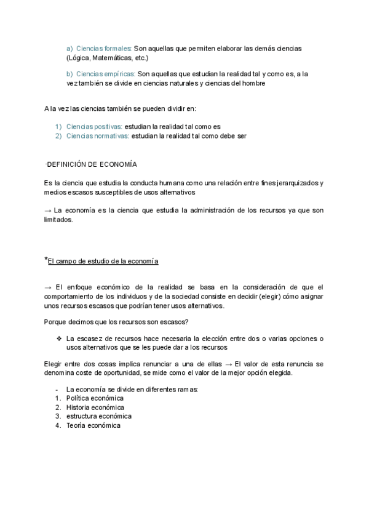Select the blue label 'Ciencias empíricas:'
point(105,74)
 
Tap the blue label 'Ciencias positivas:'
point(93,126)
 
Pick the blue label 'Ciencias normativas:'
point(97,136)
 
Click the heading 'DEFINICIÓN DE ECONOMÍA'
point(92,164)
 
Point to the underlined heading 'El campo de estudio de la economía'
point(103,261)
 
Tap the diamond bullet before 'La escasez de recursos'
point(58,338)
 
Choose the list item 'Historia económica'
point(95,408)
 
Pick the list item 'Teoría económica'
point(93,425)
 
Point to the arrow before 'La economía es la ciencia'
point(48,211)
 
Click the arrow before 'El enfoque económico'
point(49,287)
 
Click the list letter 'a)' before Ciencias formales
point(69,48)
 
